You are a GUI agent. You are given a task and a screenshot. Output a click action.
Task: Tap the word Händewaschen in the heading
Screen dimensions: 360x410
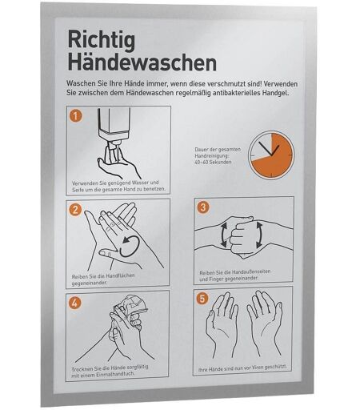pos(142,62)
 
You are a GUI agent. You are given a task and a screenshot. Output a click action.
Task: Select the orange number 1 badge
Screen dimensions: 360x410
pos(76,116)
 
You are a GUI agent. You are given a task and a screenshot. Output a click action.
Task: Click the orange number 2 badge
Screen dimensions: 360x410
pos(75,210)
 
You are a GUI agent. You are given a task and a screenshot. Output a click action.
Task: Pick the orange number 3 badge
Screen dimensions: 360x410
pos(203,207)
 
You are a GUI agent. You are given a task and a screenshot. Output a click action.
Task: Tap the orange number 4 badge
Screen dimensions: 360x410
pos(74,303)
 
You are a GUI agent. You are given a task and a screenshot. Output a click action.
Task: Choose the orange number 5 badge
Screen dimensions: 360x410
pos(202,299)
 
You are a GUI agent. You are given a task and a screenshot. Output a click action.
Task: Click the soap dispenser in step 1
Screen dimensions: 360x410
pos(114,126)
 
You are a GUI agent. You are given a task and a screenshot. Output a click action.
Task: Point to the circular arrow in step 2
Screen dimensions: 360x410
pos(130,247)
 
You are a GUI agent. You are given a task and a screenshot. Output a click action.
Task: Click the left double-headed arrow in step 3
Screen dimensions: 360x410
pos(223,235)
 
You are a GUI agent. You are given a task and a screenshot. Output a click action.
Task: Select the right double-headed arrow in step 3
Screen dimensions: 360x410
pos(259,235)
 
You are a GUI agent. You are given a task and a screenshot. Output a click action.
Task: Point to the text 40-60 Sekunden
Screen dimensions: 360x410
pos(213,162)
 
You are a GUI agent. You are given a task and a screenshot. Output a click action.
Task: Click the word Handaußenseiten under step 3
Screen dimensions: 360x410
pos(251,271)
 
